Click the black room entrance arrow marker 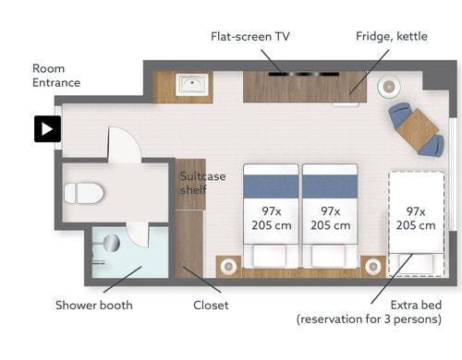coord(47,129)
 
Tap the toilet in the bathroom coord(84,193)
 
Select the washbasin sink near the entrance coord(192,84)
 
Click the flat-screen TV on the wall coord(304,74)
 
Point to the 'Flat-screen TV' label coord(250,37)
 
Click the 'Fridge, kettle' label coord(392,36)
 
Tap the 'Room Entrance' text coord(56,76)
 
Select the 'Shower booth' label coord(94,306)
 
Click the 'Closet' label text coord(211,306)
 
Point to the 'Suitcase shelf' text coord(202,183)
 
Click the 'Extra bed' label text coord(416,305)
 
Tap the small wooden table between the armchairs coord(418,130)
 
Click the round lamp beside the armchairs coord(389,87)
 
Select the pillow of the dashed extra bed coord(416,263)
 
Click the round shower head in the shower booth coord(112,243)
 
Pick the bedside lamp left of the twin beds coord(228,266)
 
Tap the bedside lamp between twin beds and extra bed coord(373,266)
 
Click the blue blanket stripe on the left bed coord(271,186)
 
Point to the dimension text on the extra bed coord(416,219)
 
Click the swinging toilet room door coord(124,144)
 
